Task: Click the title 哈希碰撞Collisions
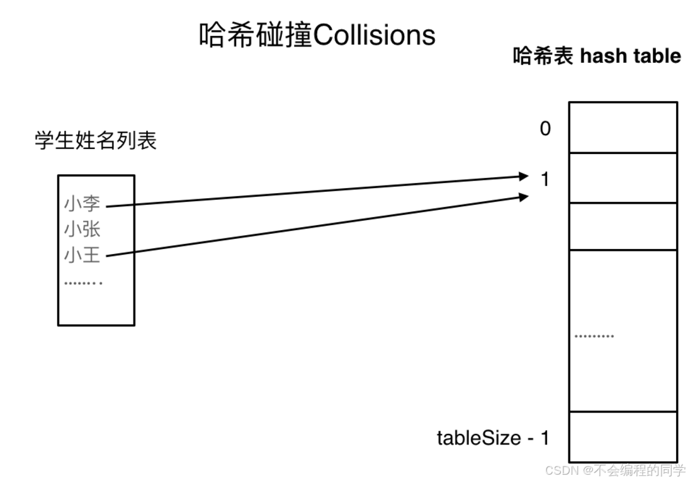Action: click(317, 35)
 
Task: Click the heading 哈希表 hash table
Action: click(597, 56)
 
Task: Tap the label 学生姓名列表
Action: click(95, 141)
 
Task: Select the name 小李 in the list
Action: click(82, 204)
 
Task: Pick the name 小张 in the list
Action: click(82, 229)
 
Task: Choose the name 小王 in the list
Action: click(82, 255)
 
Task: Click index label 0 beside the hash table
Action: click(545, 129)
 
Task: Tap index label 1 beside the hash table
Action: click(545, 180)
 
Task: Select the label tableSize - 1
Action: click(493, 438)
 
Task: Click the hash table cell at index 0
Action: click(623, 128)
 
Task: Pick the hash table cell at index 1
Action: click(623, 178)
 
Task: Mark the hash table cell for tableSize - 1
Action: click(623, 436)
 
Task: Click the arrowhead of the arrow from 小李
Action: click(524, 176)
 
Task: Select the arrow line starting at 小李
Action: click(315, 191)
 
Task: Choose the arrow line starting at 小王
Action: click(315, 226)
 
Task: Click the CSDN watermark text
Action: click(615, 470)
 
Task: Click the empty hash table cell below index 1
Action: click(623, 226)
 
